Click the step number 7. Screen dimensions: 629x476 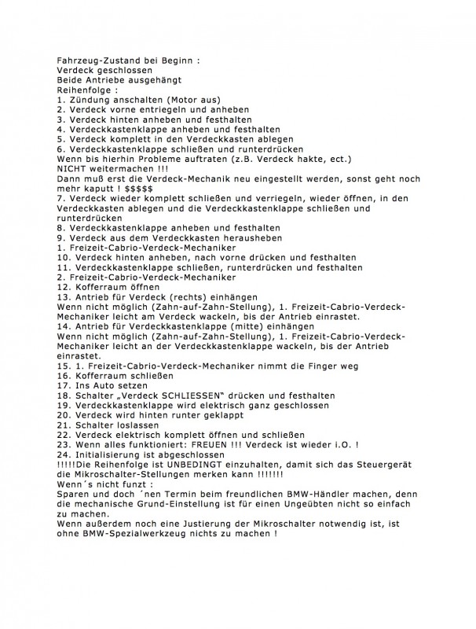(60, 199)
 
